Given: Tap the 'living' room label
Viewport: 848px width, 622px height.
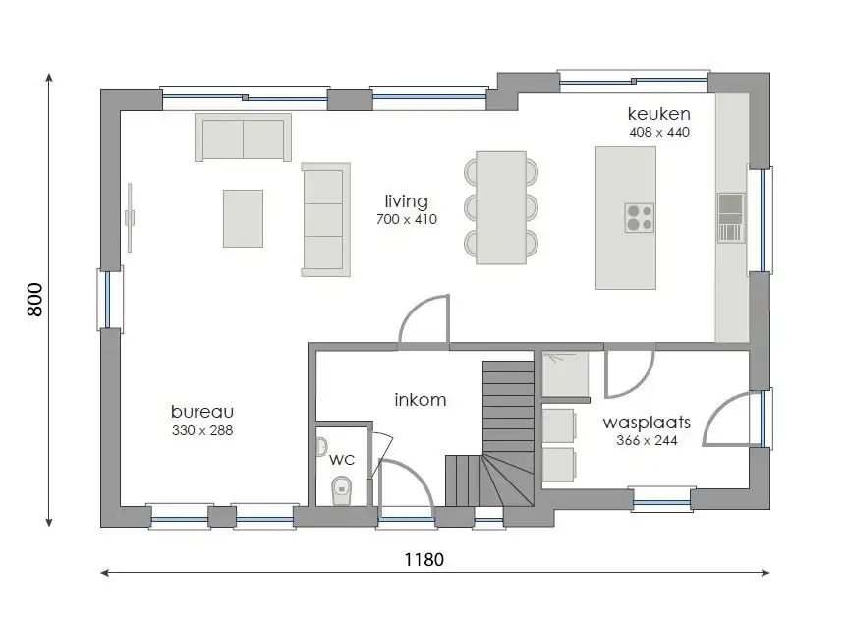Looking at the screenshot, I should point(406,201).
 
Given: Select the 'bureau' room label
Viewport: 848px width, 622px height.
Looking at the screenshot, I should point(201,412).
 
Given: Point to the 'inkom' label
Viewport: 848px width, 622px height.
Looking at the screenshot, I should point(420,400).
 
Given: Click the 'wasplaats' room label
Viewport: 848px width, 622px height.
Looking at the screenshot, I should point(646,423).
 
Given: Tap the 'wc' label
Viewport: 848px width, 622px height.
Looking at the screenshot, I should point(341,459).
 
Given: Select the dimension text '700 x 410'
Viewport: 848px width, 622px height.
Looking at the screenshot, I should point(406,220).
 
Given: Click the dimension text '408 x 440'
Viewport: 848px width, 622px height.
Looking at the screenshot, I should point(658,132).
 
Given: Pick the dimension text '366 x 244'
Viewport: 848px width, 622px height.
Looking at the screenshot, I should point(646,441).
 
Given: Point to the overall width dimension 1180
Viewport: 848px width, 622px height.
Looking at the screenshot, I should point(424,560).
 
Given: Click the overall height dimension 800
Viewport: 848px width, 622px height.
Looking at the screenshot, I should point(35,300).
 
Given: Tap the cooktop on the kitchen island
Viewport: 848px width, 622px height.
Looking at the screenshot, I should point(639,217).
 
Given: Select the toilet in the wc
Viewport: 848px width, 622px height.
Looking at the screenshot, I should point(341,487).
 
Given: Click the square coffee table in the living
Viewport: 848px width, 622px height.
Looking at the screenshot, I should point(243,218).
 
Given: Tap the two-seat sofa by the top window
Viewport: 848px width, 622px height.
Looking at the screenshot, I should point(243,138).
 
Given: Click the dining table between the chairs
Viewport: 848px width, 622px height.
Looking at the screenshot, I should point(500,207).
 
